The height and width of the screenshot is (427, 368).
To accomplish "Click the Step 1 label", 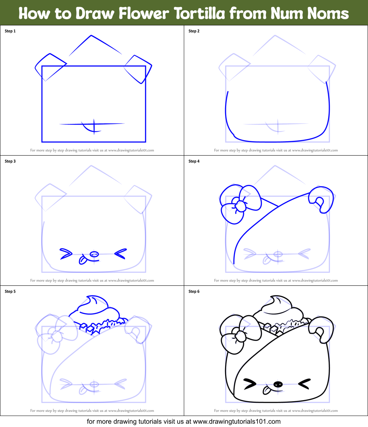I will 10,31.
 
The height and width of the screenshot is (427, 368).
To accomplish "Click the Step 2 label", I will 194,31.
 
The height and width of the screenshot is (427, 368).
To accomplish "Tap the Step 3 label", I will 10,161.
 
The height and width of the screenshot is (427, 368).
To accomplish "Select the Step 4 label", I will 194,161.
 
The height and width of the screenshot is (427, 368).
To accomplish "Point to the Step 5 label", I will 10,292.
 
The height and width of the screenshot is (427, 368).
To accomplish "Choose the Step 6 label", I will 194,292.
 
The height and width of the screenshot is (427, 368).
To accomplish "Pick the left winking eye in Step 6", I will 250,384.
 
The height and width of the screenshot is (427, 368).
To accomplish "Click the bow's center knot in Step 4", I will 240,206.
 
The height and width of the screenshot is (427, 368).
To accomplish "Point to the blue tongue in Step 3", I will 83,260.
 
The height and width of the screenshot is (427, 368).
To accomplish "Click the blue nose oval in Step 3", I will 94,254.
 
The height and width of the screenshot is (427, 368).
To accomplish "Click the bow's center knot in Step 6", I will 240,336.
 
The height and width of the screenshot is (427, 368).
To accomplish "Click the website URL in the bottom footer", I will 237,421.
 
